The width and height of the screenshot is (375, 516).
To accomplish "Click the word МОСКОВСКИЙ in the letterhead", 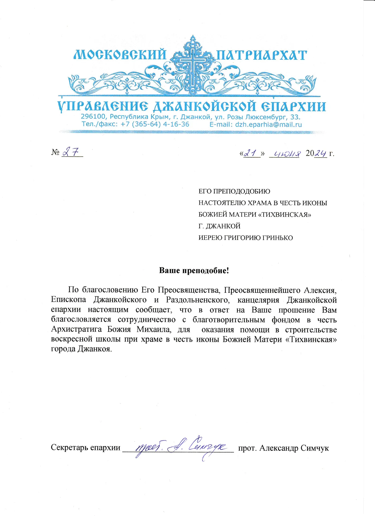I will (120, 55).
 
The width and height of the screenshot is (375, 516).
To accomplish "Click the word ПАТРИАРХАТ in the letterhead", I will (261, 55).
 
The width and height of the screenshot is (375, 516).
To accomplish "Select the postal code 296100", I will (92, 117).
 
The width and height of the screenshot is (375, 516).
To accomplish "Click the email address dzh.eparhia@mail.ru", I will (268, 124).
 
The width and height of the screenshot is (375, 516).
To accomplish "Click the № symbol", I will (55, 153).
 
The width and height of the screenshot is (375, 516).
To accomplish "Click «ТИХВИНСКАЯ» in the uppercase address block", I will (286, 215).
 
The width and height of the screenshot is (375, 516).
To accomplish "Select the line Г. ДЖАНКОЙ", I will (219, 226).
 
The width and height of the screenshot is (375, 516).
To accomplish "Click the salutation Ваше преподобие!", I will (194, 270).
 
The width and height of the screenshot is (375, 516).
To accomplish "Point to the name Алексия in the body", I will (320, 290).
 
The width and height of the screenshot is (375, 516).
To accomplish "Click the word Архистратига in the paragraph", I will (76, 329).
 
